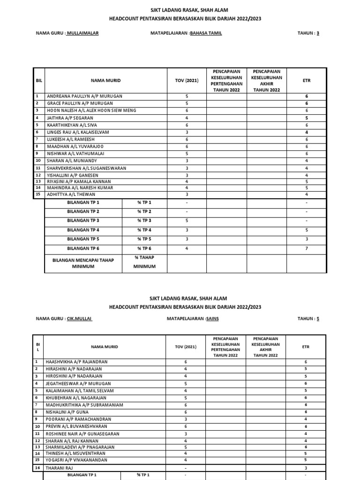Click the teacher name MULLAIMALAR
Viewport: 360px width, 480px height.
point(83,33)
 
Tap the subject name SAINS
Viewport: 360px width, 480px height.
point(212,318)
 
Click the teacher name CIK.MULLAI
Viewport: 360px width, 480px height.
point(80,318)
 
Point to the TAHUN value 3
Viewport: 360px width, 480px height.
point(318,33)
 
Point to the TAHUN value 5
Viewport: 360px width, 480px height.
point(318,318)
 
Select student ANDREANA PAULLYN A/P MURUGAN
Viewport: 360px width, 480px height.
point(84,96)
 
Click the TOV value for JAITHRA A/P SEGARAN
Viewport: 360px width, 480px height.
point(187,118)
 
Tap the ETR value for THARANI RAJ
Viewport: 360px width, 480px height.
point(306,468)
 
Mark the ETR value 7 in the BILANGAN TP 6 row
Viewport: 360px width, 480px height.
point(307,248)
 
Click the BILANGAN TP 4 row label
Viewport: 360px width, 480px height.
point(83,230)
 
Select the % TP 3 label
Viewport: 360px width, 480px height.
point(144,221)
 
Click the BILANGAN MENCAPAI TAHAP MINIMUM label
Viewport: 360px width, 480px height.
point(83,262)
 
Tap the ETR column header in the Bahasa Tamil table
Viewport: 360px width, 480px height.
point(307,81)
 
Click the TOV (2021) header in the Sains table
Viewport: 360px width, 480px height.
point(187,347)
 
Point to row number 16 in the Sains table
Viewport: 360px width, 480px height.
point(37,468)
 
